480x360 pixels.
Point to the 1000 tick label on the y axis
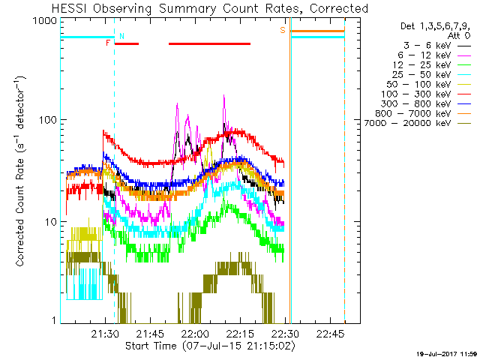(45, 21)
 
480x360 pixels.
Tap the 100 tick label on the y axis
(48, 119)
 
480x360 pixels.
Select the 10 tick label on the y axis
(51, 222)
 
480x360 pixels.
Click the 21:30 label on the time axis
(105, 333)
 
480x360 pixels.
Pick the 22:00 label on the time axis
(195, 333)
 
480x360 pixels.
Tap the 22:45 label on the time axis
(330, 333)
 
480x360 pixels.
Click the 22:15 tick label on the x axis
(240, 333)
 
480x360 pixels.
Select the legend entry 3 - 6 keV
(427, 46)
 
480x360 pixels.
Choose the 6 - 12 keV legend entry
(424, 55)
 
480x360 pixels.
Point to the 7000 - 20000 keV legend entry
(408, 123)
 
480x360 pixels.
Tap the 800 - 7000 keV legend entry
(413, 113)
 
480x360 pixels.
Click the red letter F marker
(108, 43)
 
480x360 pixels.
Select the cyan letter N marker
(121, 36)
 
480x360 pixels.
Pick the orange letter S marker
(283, 30)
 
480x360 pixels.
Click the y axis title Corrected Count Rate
(20, 212)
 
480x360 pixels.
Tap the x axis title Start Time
(151, 346)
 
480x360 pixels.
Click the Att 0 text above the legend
(459, 36)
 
